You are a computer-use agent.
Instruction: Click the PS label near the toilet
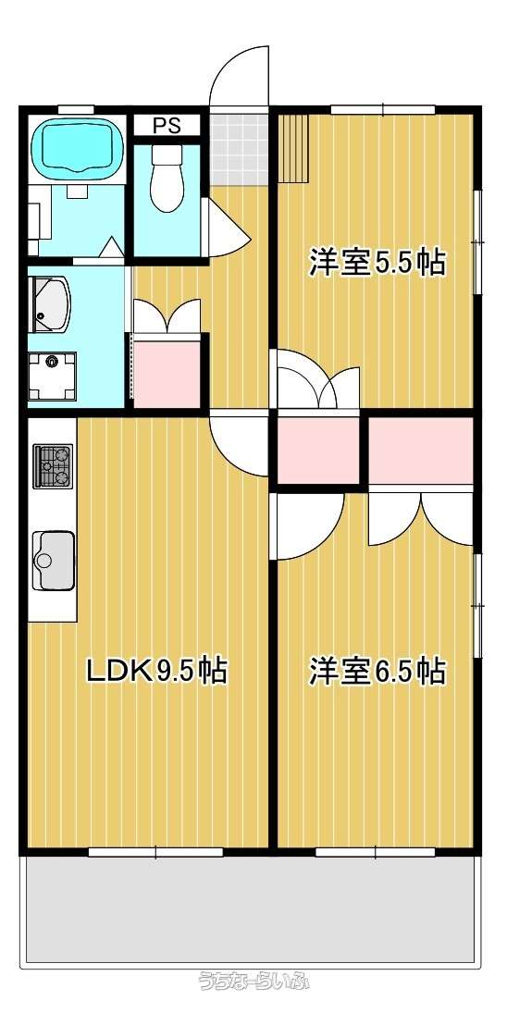[x=167, y=125]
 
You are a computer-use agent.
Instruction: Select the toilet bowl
[x=167, y=177]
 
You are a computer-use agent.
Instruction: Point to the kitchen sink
[x=54, y=560]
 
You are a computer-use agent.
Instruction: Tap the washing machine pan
[x=53, y=376]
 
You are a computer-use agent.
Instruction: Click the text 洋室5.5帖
[x=377, y=263]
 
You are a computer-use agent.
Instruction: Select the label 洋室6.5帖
[x=377, y=671]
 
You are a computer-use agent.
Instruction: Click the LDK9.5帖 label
[x=157, y=671]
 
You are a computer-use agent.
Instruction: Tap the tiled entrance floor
[x=239, y=149]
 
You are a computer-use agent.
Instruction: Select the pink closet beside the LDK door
[x=317, y=451]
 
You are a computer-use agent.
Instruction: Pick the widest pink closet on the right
[x=420, y=451]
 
